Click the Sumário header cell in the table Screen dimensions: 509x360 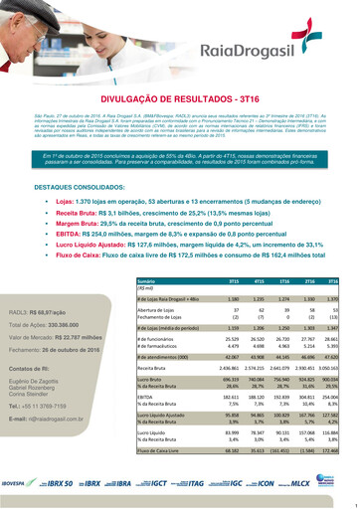tap(149, 281)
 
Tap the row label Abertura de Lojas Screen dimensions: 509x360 tap(157, 310)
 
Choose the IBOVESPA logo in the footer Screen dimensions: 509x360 tap(24, 480)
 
